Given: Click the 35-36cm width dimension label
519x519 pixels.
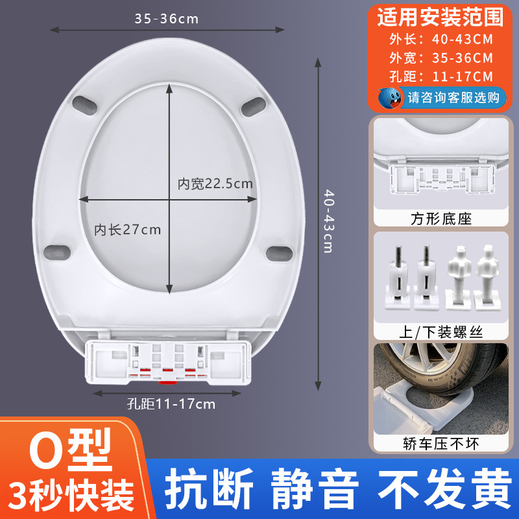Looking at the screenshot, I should (x=167, y=19).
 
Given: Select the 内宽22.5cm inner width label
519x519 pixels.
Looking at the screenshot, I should (x=215, y=184).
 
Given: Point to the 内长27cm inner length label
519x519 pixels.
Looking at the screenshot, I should (x=128, y=229).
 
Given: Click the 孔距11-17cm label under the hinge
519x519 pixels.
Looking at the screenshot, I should (x=171, y=404).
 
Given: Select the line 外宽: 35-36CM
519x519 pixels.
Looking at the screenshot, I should (x=439, y=58).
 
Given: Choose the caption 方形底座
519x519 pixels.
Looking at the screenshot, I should (x=440, y=219).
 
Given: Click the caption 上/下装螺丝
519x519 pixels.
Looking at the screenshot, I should (x=440, y=332).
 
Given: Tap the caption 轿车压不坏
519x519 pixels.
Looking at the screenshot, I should (x=440, y=444).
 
